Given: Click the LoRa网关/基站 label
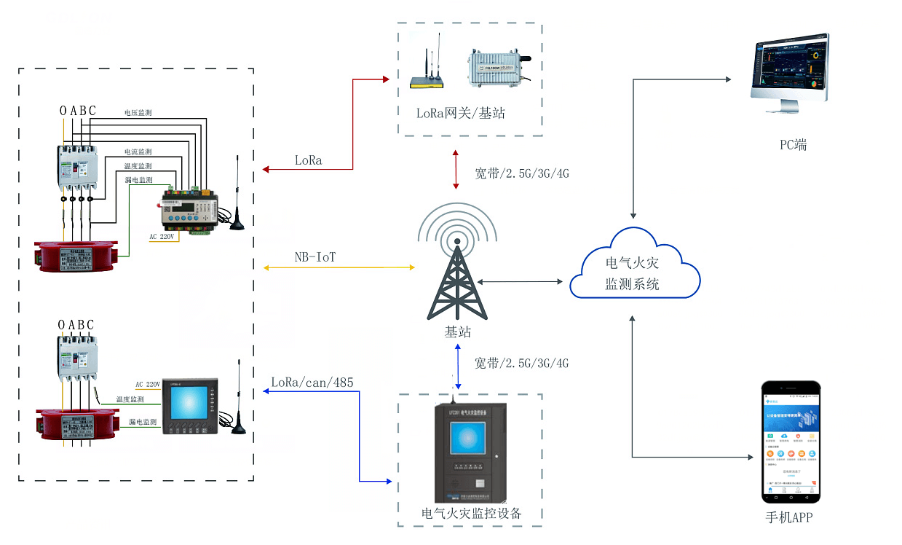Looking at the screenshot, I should (x=460, y=113).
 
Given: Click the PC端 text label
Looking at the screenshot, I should (x=793, y=144).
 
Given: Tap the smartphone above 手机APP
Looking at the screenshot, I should (x=791, y=442).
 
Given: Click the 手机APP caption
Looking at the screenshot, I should (x=788, y=517).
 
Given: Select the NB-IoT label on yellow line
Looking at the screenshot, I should (x=314, y=257).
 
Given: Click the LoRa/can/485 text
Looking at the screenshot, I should (x=312, y=382).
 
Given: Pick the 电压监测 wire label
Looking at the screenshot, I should (x=138, y=113).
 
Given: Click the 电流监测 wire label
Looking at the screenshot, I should (x=138, y=152).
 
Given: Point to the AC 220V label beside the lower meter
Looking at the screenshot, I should (x=148, y=384).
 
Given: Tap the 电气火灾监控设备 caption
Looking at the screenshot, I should (x=472, y=513).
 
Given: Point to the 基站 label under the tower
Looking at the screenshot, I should (x=458, y=332).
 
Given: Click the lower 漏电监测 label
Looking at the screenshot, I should (x=143, y=422).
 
